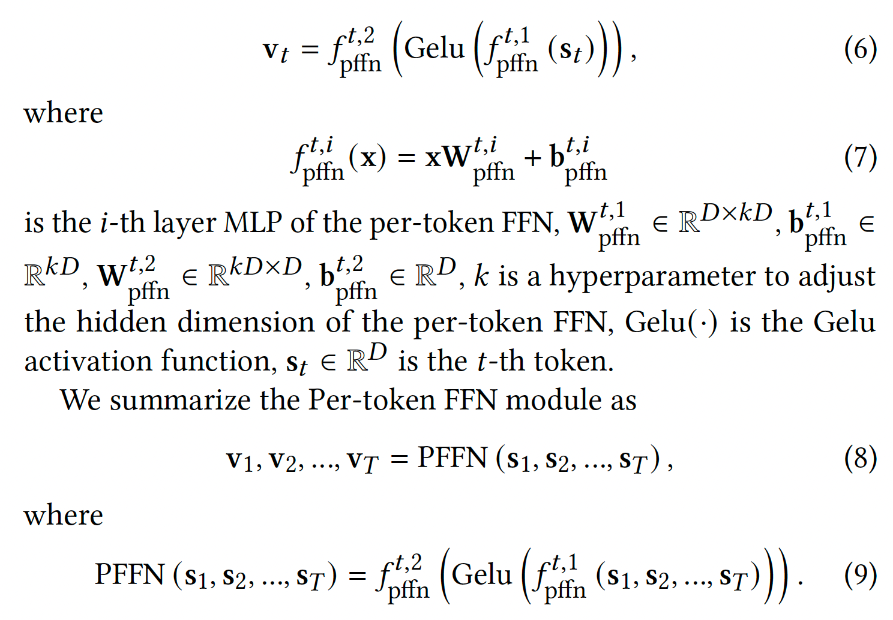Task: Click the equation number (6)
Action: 860,49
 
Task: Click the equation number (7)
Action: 860,158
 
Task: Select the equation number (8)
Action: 860,459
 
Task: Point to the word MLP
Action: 252,223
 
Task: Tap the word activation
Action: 85,362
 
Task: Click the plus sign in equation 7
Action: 532,158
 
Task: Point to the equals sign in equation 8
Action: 399,459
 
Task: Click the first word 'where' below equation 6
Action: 63,113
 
